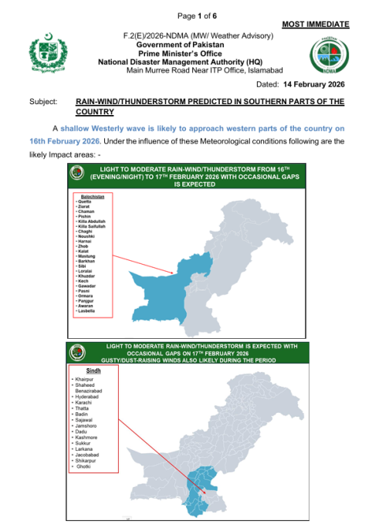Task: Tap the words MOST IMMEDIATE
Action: pyautogui.click(x=315, y=25)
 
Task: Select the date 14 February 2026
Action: pyautogui.click(x=314, y=83)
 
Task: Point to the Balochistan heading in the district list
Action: pyautogui.click(x=88, y=196)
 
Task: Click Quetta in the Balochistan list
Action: pyautogui.click(x=82, y=201)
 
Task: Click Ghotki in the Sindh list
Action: pyautogui.click(x=82, y=468)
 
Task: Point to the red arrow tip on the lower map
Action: pyautogui.click(x=206, y=492)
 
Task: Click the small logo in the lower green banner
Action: pyautogui.click(x=76, y=352)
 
